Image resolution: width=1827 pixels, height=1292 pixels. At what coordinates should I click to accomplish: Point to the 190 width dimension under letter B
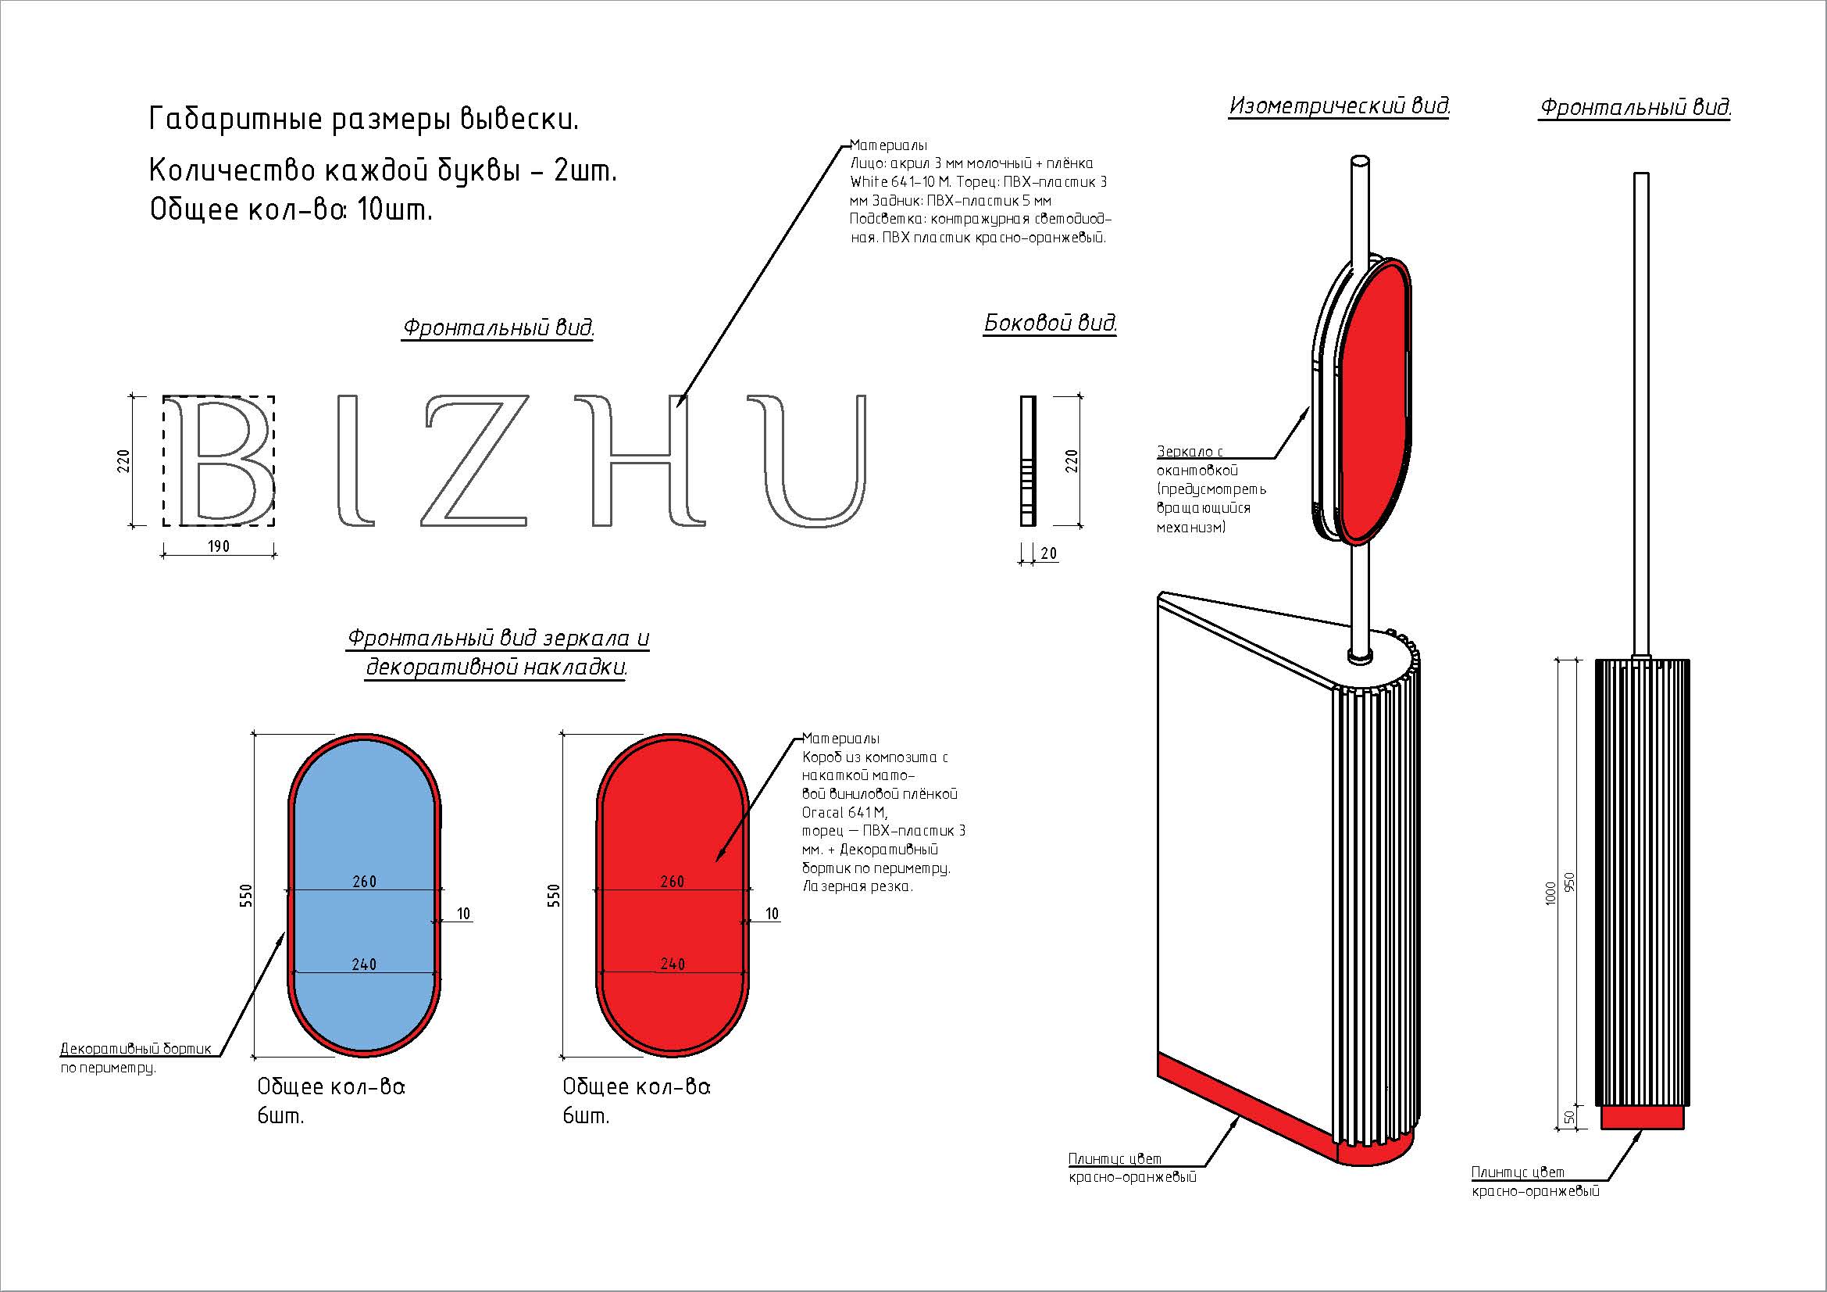click(219, 546)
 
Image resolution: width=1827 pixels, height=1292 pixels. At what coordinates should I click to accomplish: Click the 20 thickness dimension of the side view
click(1049, 553)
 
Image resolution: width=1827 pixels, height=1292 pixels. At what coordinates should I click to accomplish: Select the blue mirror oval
click(365, 896)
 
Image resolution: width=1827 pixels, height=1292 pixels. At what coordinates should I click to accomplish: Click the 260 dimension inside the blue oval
click(365, 881)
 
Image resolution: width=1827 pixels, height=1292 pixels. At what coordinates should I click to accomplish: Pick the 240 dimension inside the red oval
click(673, 964)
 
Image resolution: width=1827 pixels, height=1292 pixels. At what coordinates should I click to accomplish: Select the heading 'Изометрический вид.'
click(1340, 106)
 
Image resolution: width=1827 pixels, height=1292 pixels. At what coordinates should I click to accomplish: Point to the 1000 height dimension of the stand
click(1549, 893)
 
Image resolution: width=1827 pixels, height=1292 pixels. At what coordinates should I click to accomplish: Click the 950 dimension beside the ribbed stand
click(1570, 882)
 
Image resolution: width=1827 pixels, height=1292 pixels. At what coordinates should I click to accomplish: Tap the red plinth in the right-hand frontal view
click(1643, 1117)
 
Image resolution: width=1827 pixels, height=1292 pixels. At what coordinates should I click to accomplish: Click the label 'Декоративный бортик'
click(136, 1048)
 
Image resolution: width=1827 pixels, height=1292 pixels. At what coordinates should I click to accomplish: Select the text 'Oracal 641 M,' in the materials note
click(844, 813)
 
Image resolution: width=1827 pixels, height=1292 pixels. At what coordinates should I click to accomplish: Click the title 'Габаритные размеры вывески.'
click(364, 120)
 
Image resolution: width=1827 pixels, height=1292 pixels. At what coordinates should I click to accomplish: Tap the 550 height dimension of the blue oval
click(246, 896)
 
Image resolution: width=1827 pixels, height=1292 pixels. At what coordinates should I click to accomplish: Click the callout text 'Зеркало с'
click(1190, 451)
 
